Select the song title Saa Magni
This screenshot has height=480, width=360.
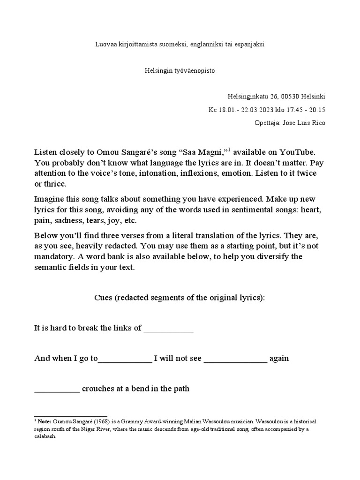coord(205,153)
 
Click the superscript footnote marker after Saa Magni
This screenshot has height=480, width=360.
coord(229,150)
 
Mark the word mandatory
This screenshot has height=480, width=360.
coord(55,257)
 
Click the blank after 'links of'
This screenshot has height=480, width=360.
coord(168,328)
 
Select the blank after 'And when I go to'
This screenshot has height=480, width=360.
coord(125,359)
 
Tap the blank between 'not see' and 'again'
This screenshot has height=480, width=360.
coord(235,359)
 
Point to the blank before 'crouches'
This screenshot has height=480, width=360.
coord(57,389)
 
